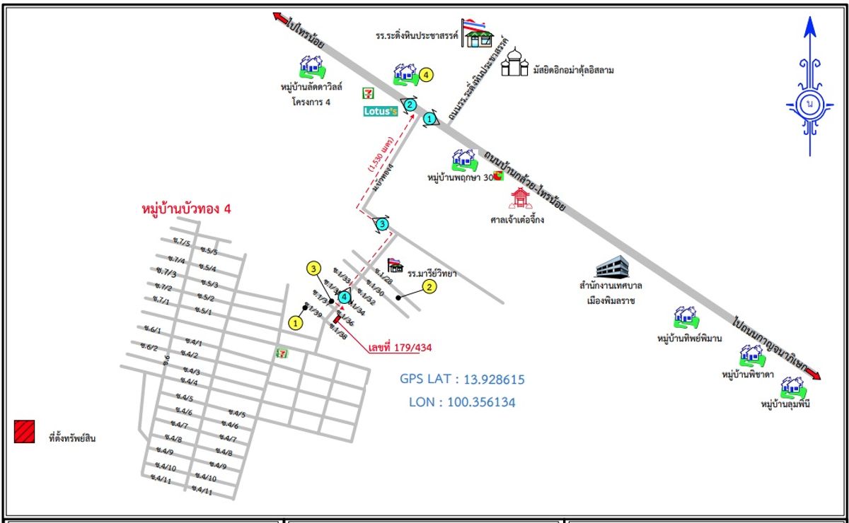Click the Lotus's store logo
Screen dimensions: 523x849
pos(380,111)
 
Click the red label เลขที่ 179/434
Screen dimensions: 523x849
pos(400,347)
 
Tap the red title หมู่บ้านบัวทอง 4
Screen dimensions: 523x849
pos(187,210)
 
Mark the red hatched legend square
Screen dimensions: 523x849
pos(25,431)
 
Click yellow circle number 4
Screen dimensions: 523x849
pos(425,74)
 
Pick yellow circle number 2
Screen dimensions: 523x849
pos(429,286)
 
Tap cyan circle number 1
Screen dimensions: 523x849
pos(429,119)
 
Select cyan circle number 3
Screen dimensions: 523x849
pos(382,225)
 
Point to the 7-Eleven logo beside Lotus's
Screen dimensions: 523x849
pos(368,93)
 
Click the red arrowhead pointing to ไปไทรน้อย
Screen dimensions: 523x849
pos(277,17)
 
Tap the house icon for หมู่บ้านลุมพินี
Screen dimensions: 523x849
pos(792,387)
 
